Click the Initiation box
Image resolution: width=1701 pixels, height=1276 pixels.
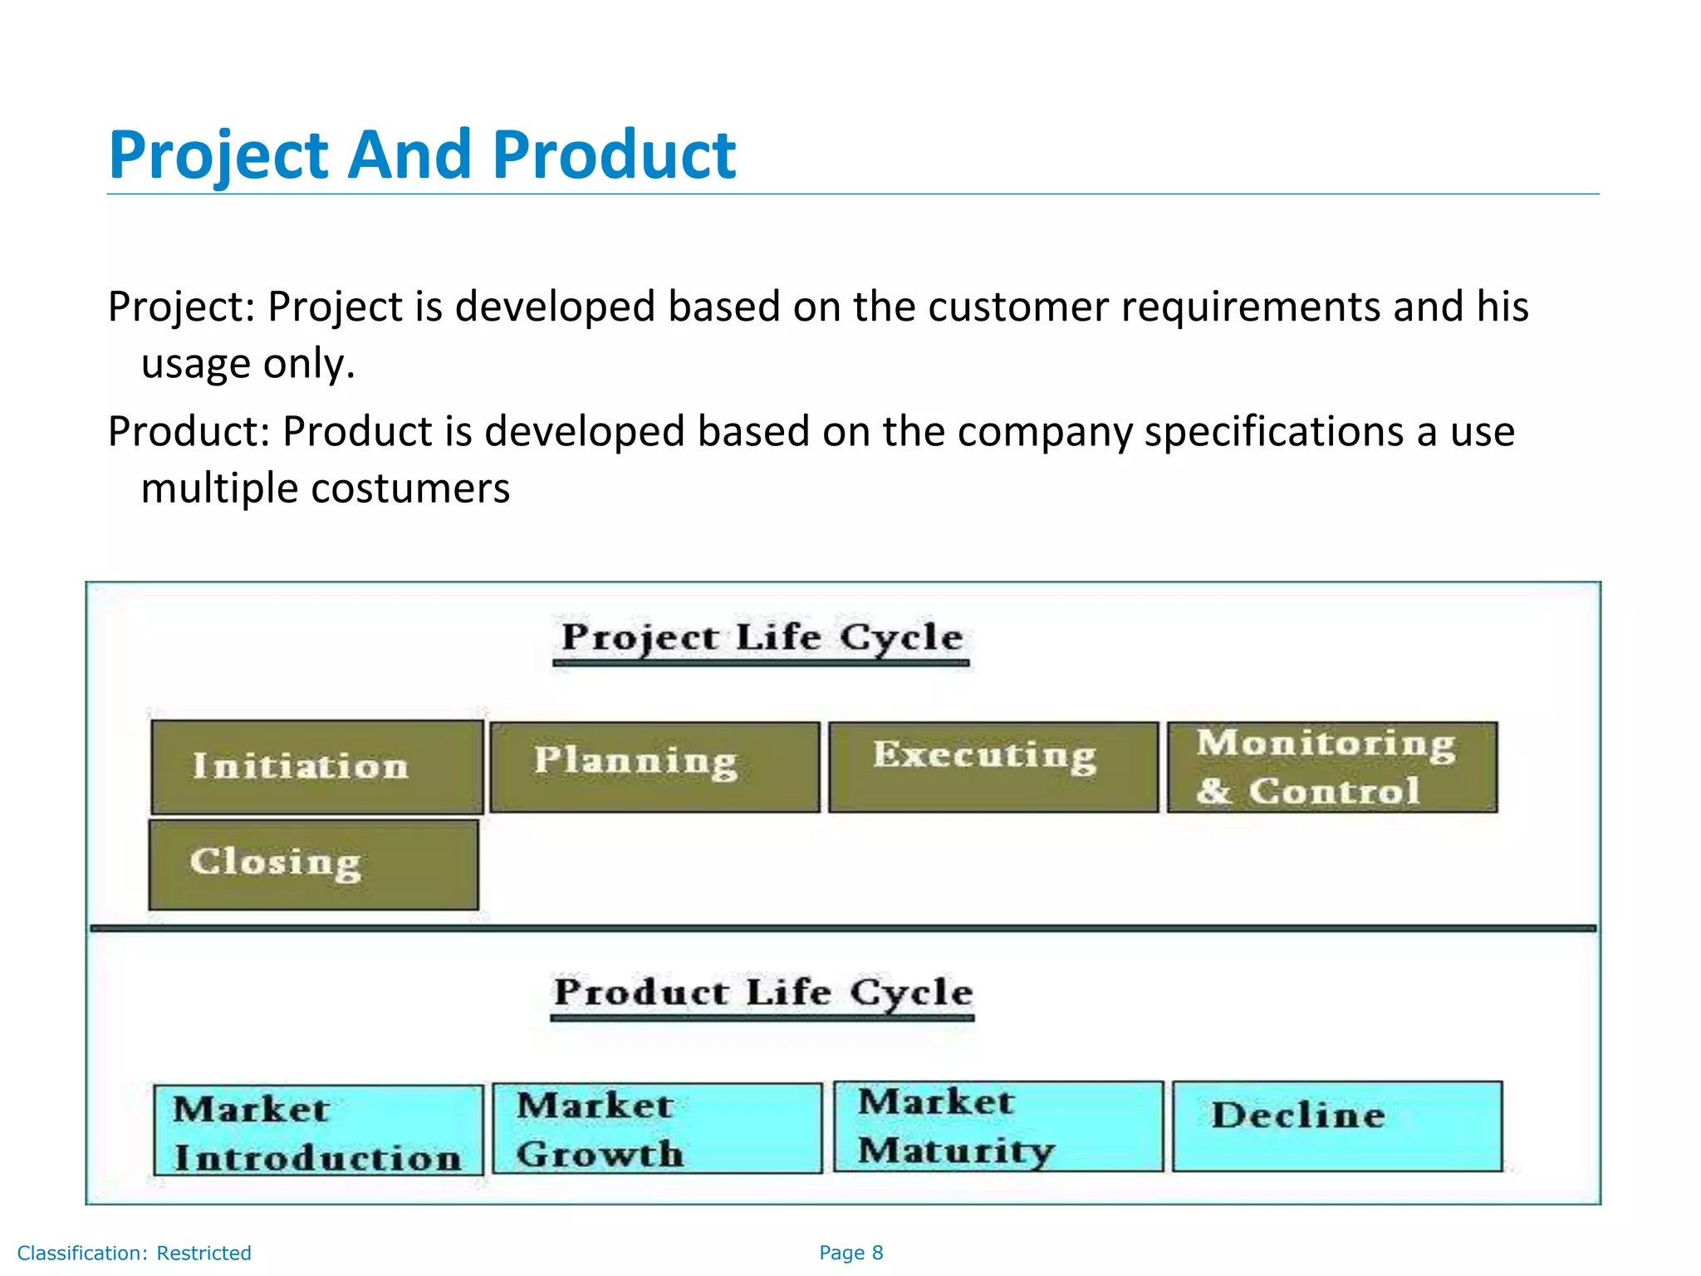point(316,767)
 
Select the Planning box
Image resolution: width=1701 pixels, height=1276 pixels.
point(654,767)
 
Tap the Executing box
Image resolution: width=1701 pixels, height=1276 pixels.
point(993,767)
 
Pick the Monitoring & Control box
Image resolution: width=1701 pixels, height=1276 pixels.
point(1331,767)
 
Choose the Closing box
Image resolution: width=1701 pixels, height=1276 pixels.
point(313,864)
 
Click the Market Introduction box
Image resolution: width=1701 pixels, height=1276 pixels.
point(318,1130)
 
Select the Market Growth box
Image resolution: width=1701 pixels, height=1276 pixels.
point(657,1128)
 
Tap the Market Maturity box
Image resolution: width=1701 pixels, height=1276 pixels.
point(998,1126)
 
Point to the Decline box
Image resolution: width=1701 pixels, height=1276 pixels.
point(1336,1126)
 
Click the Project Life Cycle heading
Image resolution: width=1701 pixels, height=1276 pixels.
point(762,638)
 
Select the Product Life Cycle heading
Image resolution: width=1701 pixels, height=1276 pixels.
point(762,993)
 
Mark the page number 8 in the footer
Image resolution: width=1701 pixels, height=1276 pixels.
point(877,1253)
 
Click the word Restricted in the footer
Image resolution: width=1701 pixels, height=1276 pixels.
point(203,1253)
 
